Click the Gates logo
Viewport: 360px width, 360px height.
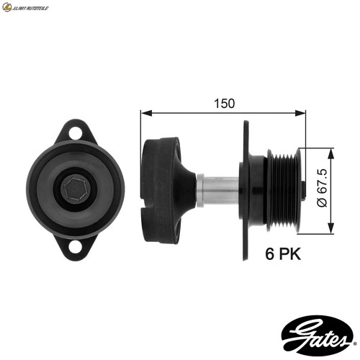(x=317, y=333)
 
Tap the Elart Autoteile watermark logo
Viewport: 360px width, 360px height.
(x=25, y=7)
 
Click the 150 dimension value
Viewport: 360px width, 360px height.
(x=224, y=104)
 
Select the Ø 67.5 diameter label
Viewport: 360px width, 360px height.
(x=322, y=188)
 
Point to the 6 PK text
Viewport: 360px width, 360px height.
(x=283, y=253)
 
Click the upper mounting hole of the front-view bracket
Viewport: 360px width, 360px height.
(x=75, y=133)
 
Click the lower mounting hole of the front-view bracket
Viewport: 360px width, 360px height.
(x=75, y=248)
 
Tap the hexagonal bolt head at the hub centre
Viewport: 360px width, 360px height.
(x=76, y=189)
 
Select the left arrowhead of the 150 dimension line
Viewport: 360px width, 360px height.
(x=146, y=113)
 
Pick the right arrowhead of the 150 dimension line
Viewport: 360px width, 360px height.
(x=300, y=113)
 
